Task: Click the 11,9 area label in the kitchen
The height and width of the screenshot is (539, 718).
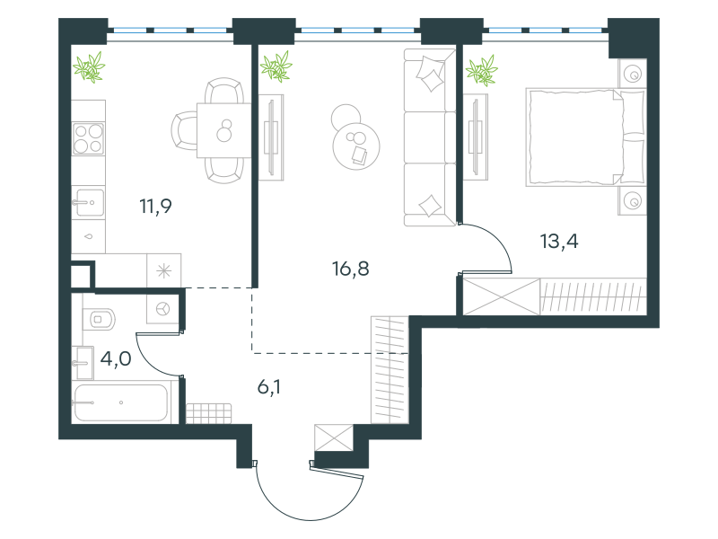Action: point(155,207)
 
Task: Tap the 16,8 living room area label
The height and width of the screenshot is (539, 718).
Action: point(350,269)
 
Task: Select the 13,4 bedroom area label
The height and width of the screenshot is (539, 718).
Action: point(559,241)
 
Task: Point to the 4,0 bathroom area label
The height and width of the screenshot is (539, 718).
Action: point(116,358)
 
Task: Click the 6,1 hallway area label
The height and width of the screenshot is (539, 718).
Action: point(269,387)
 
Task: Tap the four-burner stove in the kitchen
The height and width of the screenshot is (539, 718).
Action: point(88,139)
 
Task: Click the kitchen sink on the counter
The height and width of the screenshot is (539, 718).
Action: point(88,202)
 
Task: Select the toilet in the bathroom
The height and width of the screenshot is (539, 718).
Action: point(100,319)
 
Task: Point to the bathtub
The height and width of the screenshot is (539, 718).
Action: point(121,402)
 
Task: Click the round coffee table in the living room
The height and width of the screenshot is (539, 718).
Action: point(355,146)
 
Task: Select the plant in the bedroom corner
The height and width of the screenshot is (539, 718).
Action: point(482,71)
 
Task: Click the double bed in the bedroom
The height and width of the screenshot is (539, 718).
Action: point(586,137)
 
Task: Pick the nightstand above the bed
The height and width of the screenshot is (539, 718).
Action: point(633,74)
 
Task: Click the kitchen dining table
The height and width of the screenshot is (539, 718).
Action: point(223,130)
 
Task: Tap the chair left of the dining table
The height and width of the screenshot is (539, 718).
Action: point(184,130)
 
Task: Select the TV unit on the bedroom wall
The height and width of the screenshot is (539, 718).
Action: point(476,137)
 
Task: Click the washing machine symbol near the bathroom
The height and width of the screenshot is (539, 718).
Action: point(163,309)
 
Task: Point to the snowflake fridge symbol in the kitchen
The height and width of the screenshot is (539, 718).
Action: point(163,271)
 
